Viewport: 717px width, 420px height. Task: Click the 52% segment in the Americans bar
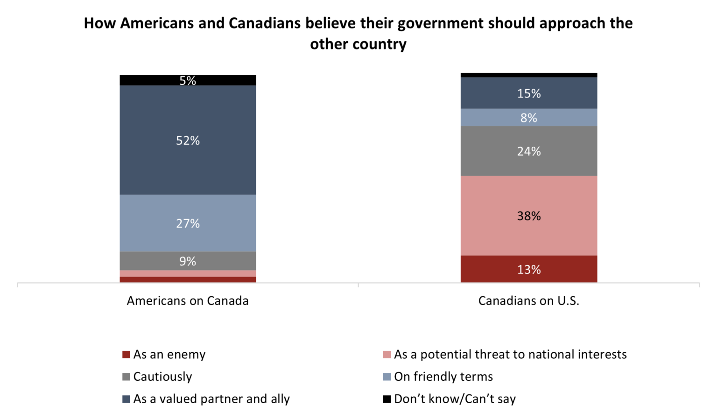click(188, 140)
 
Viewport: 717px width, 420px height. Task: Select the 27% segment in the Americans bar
click(188, 223)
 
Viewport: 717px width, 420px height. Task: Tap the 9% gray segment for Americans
click(188, 261)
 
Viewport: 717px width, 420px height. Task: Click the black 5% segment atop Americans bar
click(188, 80)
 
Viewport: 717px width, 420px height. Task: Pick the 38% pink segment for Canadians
click(528, 216)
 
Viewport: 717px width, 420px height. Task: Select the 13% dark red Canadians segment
click(528, 269)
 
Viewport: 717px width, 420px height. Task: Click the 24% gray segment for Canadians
click(528, 151)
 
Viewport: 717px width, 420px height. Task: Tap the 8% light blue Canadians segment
click(528, 118)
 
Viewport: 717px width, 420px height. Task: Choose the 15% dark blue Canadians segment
click(528, 93)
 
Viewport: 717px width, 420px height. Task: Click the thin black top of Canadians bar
click(528, 75)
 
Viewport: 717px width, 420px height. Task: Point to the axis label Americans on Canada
click(188, 300)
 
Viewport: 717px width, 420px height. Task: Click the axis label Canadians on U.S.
click(528, 300)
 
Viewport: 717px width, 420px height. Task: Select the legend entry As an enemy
click(169, 355)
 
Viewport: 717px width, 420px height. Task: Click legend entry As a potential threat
click(510, 355)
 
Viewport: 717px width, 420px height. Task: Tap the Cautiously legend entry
click(162, 377)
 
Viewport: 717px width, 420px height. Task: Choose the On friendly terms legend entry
click(443, 377)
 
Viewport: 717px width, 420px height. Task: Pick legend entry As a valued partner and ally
click(211, 399)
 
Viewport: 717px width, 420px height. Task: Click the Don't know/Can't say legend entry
click(455, 399)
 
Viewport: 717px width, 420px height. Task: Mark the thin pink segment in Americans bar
click(188, 273)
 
